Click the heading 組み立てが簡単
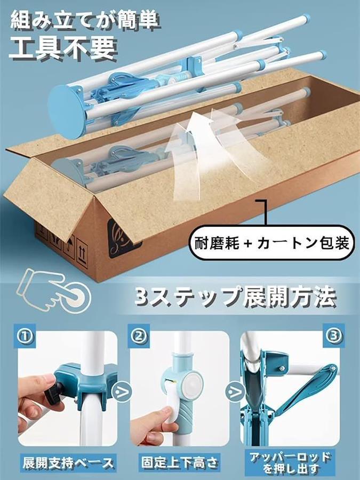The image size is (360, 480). click(85, 20)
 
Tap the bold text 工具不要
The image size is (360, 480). click(63, 48)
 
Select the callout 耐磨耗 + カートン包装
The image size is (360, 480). click(272, 243)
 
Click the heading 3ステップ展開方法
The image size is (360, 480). click(235, 297)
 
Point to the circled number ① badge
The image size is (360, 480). click(25, 336)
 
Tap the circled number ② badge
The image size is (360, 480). click(139, 336)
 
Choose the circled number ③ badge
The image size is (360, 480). click(334, 336)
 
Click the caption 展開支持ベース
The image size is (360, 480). click(68, 462)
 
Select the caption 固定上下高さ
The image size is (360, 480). click(180, 462)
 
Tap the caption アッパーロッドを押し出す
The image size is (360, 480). click(290, 462)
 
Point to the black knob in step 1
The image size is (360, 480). click(54, 390)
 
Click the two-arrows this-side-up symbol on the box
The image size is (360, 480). click(82, 253)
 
